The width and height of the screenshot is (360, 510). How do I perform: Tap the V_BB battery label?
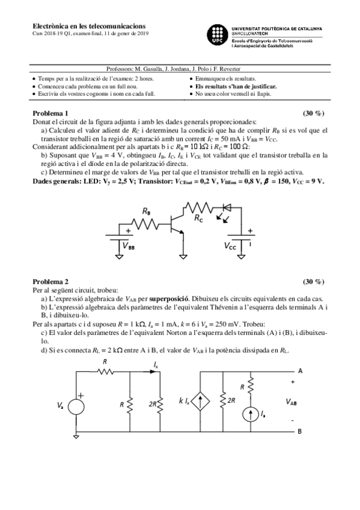click(x=129, y=246)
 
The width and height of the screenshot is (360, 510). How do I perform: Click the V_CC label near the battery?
click(x=230, y=246)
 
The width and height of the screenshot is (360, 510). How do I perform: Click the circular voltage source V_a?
click(x=76, y=406)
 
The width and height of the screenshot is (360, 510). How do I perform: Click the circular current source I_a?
click(x=249, y=414)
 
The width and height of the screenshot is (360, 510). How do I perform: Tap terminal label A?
click(x=300, y=370)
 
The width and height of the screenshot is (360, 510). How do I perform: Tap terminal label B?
click(x=300, y=431)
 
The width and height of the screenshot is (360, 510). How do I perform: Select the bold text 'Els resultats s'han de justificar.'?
click(x=233, y=86)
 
